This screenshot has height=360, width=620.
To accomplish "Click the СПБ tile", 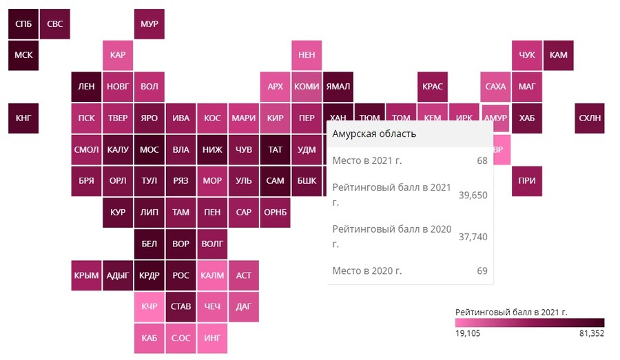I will [x=23, y=24].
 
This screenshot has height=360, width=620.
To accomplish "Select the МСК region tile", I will [x=23, y=55].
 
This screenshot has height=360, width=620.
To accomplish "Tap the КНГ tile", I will [x=23, y=118].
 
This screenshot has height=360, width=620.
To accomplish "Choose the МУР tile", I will [x=149, y=24].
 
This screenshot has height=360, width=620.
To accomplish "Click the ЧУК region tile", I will [x=527, y=55].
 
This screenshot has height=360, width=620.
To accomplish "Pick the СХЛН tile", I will [x=590, y=118].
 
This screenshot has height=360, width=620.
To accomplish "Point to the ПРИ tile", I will [x=527, y=180].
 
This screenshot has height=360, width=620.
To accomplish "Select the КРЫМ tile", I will [x=86, y=275].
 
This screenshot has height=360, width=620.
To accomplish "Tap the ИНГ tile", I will [x=212, y=338].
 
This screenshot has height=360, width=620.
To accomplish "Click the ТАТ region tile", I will [x=275, y=149].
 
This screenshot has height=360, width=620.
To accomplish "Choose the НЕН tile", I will [x=307, y=55].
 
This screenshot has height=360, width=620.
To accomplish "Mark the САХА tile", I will [x=495, y=87].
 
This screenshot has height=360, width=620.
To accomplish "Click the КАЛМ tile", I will [x=212, y=275].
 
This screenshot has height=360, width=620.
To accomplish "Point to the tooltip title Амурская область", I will [x=374, y=134].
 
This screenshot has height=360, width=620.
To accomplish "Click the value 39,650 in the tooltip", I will [x=473, y=195].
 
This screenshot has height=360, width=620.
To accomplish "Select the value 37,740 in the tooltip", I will [x=473, y=236].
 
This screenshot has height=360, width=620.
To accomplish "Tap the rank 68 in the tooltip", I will [x=482, y=160].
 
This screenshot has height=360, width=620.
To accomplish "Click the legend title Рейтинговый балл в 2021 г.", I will [x=511, y=312].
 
